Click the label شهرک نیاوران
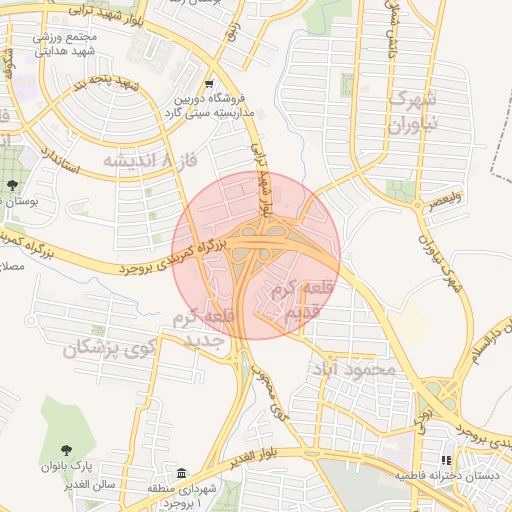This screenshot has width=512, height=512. coord(412,113)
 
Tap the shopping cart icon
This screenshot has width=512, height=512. coord(209,84)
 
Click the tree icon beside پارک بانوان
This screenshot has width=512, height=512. coord(67,451)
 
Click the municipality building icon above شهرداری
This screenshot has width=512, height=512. coord(182,472)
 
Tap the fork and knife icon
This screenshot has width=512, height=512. coord(446,460)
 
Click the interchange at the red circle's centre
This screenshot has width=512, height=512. coord(256,255)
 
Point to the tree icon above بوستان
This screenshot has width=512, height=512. coord(11,186)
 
